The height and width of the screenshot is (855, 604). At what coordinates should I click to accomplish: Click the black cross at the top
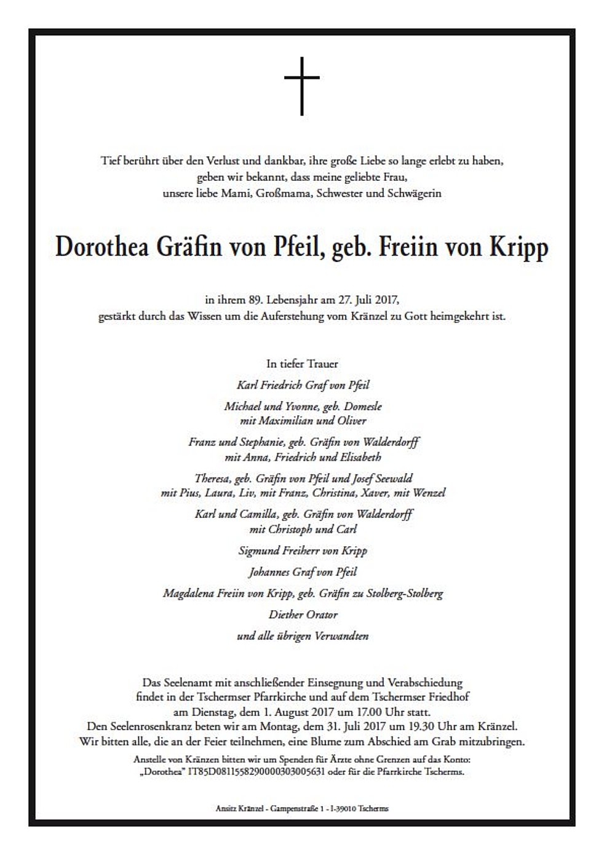click(302, 85)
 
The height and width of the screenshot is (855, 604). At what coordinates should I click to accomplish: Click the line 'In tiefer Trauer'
click(302, 364)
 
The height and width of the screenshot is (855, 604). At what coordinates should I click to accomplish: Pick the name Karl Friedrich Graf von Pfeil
click(303, 385)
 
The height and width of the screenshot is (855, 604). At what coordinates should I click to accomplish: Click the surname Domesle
click(363, 406)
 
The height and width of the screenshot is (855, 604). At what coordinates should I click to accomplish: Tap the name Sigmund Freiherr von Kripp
click(303, 551)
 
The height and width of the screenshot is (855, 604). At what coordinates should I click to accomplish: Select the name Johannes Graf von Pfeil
click(303, 572)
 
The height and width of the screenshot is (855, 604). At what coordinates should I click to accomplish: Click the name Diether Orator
click(303, 614)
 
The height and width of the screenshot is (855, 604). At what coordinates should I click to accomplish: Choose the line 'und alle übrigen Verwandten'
click(303, 635)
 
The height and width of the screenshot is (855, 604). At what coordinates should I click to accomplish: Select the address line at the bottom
click(302, 809)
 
